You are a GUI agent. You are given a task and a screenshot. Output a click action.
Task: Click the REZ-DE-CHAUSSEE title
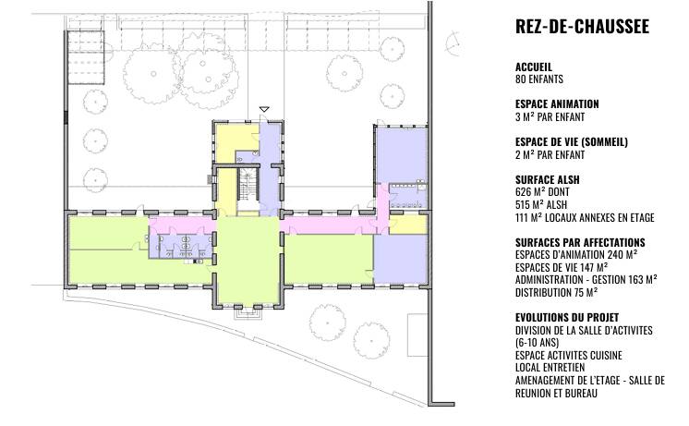[582, 27]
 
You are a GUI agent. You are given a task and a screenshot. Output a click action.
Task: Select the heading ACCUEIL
[534, 67]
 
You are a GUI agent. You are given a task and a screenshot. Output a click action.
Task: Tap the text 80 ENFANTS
[539, 79]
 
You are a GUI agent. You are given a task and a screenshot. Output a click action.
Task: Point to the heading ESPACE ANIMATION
[557, 104]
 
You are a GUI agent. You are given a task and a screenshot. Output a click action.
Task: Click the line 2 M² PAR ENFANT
[550, 154]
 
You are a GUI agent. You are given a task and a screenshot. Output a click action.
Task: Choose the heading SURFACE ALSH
[548, 180]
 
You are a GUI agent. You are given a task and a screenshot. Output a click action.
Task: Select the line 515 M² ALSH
[541, 205]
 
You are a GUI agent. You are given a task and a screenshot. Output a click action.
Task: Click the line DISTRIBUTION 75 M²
[557, 292]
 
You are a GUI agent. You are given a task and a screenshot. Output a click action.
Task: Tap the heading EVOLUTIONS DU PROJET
[567, 317]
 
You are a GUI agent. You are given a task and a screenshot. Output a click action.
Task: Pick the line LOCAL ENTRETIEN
[550, 368]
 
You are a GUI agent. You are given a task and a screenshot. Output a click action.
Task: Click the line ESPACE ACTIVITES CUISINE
[569, 355]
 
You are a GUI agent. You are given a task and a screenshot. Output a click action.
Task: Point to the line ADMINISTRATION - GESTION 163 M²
[586, 280]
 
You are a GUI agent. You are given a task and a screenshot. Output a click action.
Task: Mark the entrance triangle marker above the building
[263, 109]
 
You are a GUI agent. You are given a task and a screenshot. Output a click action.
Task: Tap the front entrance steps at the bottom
[248, 313]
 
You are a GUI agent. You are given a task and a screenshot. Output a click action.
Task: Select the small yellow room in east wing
[408, 225]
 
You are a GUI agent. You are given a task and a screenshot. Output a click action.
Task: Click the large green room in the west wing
[108, 250]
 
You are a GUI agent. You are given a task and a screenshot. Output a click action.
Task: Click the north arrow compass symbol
[453, 44]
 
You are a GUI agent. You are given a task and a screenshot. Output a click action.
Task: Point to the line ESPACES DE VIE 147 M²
[562, 267]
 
